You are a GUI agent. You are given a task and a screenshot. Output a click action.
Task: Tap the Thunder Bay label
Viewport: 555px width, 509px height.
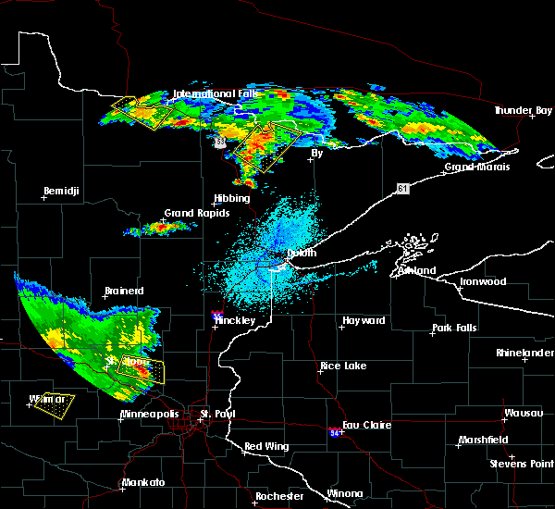pos(522,110)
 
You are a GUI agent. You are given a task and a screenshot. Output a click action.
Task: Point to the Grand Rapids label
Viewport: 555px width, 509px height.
pos(191,213)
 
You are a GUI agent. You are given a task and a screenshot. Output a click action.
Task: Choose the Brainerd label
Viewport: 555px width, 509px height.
pos(124,291)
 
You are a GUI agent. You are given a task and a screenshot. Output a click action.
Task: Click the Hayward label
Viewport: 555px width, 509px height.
pos(364,320)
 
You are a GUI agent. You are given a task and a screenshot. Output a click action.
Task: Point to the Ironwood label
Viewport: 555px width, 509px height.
pos(485,281)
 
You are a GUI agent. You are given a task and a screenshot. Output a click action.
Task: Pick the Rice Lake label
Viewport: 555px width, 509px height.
pos(342,366)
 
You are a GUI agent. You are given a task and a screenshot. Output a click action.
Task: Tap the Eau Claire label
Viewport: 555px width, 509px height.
pos(367,425)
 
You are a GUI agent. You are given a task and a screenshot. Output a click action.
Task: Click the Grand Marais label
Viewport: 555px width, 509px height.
pos(473,168)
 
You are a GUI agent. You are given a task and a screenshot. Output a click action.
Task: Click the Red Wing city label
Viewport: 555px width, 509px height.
pos(266,446)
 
